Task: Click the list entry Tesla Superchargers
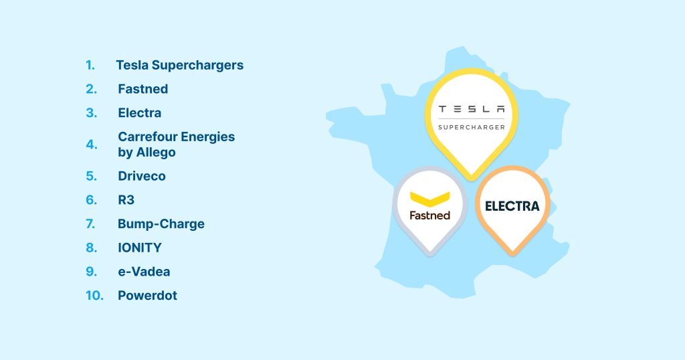179,66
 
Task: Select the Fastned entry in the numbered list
142,89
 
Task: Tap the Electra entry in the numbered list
139,113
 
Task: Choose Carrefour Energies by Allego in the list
176,145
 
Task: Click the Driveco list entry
141,177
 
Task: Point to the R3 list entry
126,200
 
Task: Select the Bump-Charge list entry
161,223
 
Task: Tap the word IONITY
139,248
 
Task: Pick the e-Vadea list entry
144,272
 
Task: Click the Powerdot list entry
147,296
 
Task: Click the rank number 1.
90,66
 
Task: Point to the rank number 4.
91,145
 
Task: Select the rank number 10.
94,296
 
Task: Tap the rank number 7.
91,223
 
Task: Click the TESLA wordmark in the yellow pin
472,109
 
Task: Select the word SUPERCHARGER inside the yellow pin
472,126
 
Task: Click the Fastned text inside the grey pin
429,215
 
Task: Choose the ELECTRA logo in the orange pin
512,206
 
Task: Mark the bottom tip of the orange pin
512,254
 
